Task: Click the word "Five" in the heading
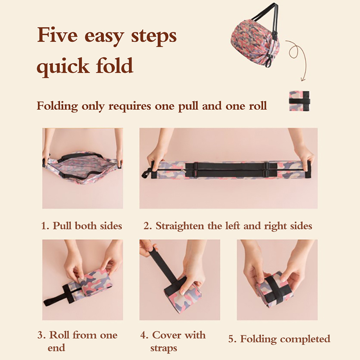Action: coord(58,35)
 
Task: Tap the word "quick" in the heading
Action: coord(63,66)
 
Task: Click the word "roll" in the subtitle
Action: coord(257,106)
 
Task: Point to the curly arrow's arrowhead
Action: coord(303,80)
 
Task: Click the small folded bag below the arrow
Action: coord(299,101)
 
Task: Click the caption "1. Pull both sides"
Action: coord(81,226)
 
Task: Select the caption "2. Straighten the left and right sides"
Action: coord(228,226)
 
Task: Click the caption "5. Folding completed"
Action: coord(279,339)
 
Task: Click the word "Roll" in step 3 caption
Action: coord(59,335)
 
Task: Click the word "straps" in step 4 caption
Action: coord(164,348)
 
